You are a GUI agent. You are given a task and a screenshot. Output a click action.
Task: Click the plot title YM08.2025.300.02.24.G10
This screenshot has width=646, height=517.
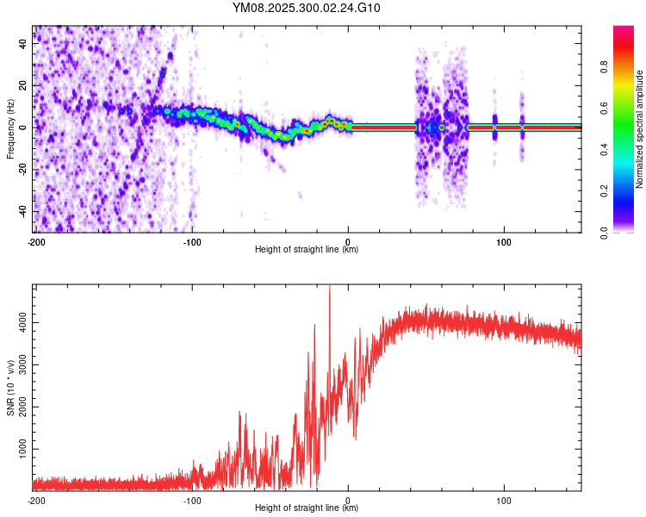pos(307,9)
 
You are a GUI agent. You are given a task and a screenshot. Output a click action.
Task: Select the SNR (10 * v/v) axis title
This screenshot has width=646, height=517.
pos(10,386)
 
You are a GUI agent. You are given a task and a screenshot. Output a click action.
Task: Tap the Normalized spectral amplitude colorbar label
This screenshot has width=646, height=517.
pos(640,130)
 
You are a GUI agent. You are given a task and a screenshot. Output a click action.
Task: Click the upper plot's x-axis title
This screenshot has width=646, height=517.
pos(307,250)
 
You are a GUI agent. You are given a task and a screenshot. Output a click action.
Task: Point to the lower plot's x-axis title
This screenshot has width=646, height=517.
pos(307,509)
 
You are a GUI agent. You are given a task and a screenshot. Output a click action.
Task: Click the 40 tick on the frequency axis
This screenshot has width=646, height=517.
pos(24,44)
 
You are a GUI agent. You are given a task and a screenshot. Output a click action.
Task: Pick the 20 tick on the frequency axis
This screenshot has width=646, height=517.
pos(24,86)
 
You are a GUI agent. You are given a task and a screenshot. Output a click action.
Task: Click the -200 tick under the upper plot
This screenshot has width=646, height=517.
pos(35,241)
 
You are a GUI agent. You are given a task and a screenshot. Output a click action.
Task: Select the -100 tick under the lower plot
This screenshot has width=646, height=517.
pos(192,500)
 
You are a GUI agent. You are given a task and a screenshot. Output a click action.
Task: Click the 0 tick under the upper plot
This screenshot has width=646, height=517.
pos(348,241)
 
